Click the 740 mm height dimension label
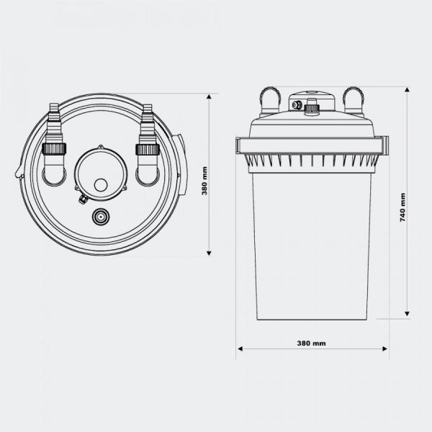[x=402, y=207]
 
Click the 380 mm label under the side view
[x=311, y=343]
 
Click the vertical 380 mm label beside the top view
[x=204, y=181]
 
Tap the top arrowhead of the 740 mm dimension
[x=408, y=89]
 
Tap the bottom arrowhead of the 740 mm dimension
[x=408, y=313]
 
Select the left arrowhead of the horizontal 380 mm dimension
[x=240, y=348]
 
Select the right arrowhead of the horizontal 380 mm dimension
[x=385, y=348]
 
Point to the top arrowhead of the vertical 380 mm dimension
[x=209, y=96]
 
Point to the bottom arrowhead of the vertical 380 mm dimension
[x=209, y=253]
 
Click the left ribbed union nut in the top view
[x=54, y=149]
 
